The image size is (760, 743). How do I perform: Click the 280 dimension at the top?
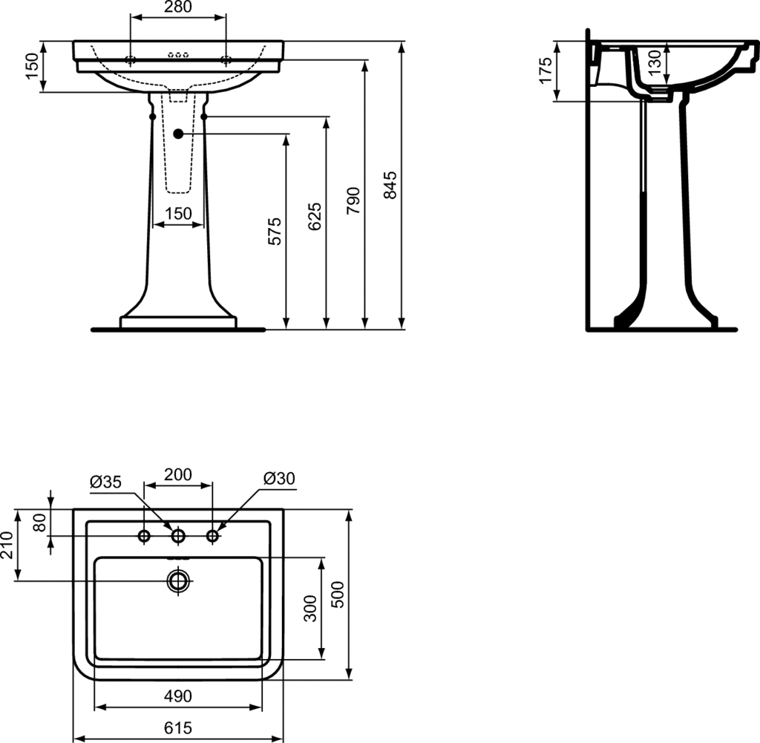178,7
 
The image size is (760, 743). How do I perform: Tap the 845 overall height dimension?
390,185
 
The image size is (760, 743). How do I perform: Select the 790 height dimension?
353,200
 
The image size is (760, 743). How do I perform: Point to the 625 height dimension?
315,217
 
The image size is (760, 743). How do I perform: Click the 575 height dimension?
275,231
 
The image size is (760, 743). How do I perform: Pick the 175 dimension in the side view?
546,71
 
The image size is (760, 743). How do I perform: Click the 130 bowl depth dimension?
655,62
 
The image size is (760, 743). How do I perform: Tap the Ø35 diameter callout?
105,482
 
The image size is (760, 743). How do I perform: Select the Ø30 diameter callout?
279,478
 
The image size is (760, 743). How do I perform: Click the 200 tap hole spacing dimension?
178,474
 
